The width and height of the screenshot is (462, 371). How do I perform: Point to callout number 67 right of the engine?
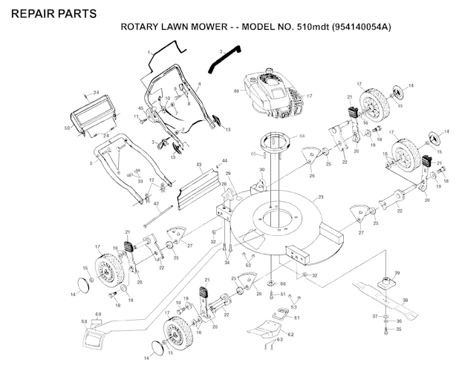[310, 96]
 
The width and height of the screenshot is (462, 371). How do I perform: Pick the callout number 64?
[302, 137]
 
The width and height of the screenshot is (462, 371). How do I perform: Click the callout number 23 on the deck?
[321, 197]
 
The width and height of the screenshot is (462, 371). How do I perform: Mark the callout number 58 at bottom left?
[83, 321]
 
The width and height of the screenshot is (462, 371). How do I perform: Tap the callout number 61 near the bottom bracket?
[297, 317]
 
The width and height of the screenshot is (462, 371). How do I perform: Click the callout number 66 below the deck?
[282, 284]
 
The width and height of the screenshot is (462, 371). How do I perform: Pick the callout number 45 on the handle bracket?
[140, 109]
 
